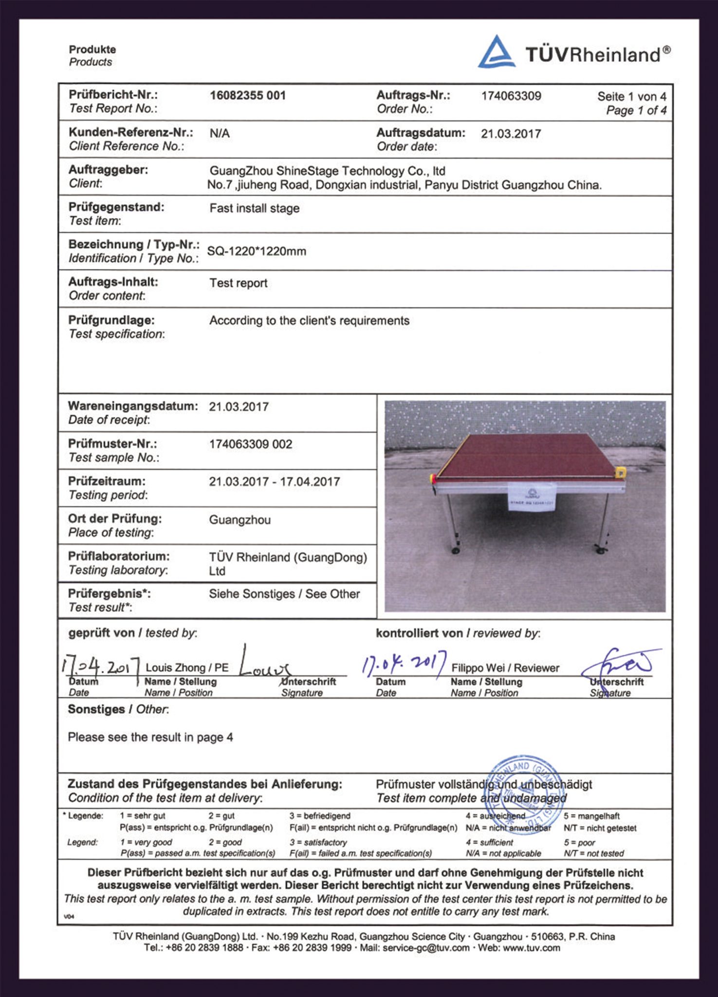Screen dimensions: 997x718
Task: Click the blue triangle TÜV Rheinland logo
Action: (x=496, y=52)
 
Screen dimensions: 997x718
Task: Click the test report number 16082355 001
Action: (x=248, y=95)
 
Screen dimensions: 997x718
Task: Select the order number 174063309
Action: (x=511, y=96)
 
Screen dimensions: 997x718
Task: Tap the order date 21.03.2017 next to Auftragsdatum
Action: (x=511, y=134)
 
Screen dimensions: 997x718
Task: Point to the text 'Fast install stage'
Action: (x=254, y=208)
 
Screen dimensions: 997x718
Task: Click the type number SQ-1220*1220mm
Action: (x=257, y=251)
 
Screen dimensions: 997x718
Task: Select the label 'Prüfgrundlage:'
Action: (x=111, y=320)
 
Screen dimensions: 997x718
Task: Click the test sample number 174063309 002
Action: (x=250, y=444)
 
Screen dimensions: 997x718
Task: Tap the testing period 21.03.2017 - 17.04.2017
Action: (x=274, y=482)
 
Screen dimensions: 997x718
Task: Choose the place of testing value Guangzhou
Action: (x=239, y=520)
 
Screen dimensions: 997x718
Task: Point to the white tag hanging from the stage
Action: (x=531, y=497)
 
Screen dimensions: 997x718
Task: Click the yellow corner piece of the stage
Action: (x=620, y=472)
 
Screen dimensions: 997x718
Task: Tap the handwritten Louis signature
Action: (x=263, y=665)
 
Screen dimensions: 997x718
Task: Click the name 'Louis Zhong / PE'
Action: (x=187, y=668)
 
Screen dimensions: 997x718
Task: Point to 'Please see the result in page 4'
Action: (x=150, y=738)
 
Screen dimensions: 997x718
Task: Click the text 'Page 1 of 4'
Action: (x=636, y=111)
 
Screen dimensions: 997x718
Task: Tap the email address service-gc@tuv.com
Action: (x=426, y=948)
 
